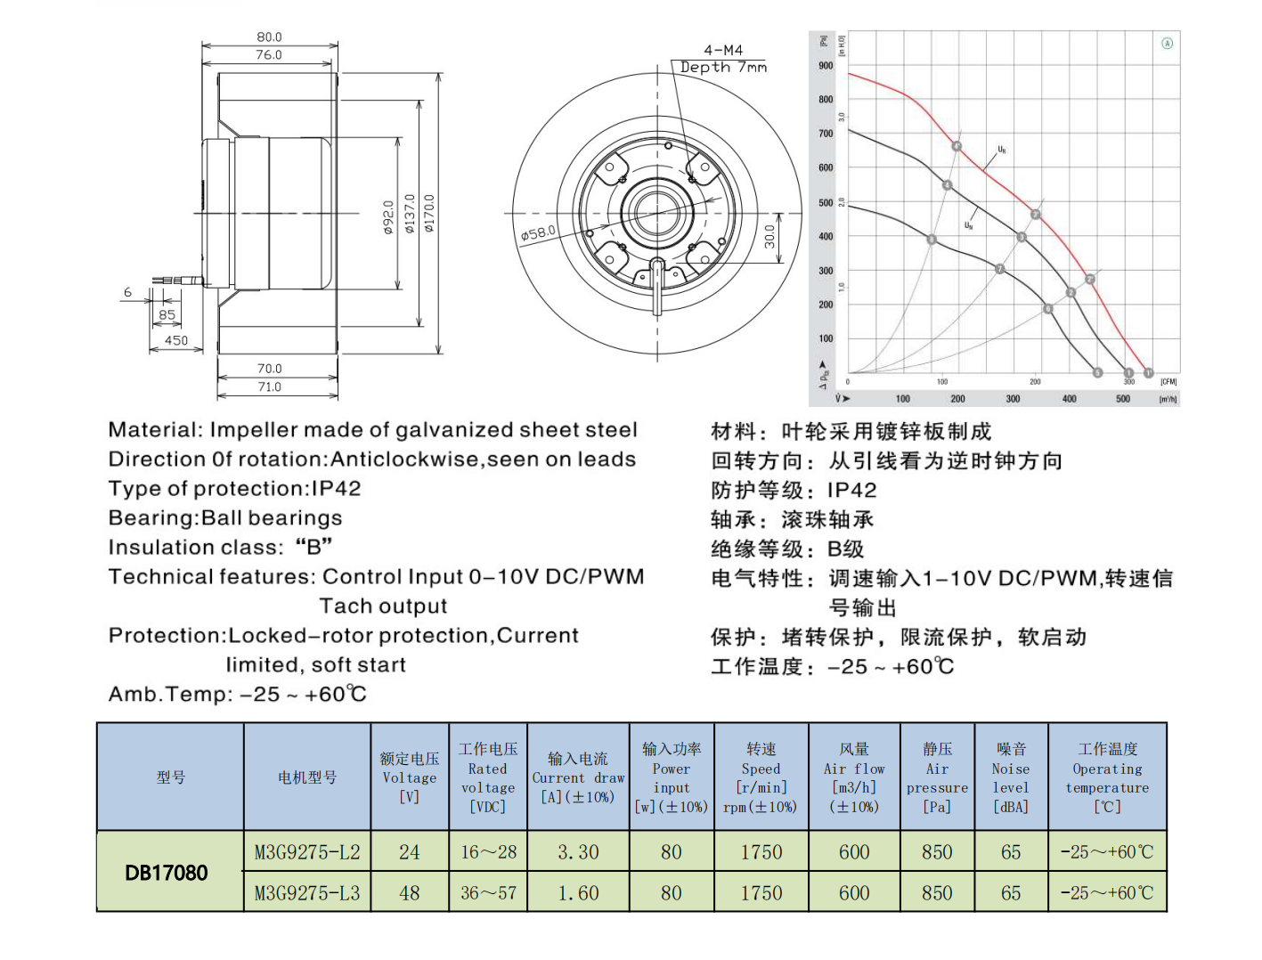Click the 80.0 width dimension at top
tap(269, 37)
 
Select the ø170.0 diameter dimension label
tap(429, 214)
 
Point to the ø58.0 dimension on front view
tap(538, 233)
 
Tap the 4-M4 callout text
tap(722, 50)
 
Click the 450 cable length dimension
tap(176, 340)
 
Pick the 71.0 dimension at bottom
tap(269, 386)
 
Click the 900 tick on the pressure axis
tap(826, 66)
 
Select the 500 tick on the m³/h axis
tap(1123, 399)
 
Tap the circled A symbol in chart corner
tap(1167, 43)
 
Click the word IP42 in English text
tap(336, 489)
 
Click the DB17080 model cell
tap(167, 873)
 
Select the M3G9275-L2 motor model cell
tap(307, 852)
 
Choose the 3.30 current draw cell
tap(578, 852)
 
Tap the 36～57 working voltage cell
tap(488, 892)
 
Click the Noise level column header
tap(1011, 777)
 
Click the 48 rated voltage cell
tap(410, 892)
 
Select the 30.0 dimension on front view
tap(769, 237)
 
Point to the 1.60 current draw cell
tap(578, 892)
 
